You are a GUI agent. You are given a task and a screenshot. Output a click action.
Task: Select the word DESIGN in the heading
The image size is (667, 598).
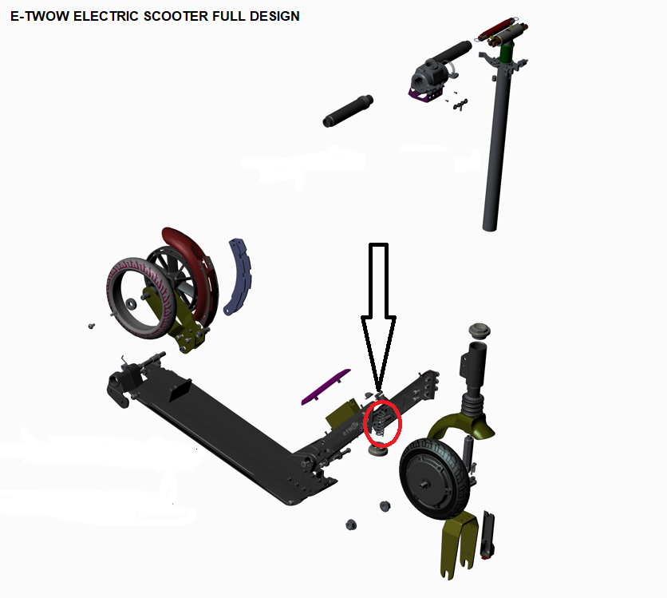(x=274, y=16)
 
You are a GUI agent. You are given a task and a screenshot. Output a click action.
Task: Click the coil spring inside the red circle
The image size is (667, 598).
(x=381, y=422)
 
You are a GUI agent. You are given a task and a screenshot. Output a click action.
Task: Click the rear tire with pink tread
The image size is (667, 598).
(x=140, y=298)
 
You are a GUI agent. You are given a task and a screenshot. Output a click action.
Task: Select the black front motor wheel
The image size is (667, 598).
(x=435, y=479)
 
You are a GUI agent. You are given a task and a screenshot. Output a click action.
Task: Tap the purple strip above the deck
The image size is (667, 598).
(x=326, y=387)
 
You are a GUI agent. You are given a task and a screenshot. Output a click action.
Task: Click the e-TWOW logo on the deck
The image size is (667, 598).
(x=350, y=429)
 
